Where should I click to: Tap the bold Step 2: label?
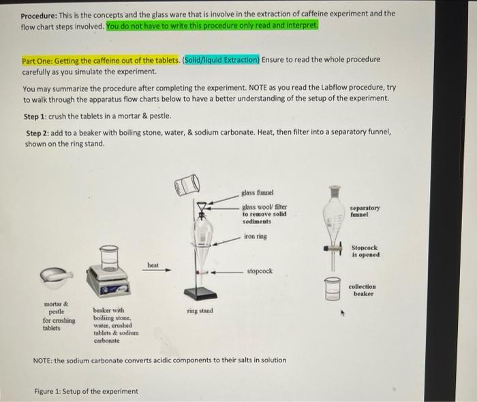(39, 134)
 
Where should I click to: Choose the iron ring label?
(256, 236)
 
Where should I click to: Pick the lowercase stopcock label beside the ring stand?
(259, 270)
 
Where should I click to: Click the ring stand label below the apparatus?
(200, 311)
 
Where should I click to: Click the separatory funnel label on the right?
(365, 211)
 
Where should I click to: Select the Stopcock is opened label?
(366, 251)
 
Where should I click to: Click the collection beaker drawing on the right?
(333, 289)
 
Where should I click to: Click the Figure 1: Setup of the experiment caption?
(86, 391)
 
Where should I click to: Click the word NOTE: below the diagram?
(43, 360)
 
